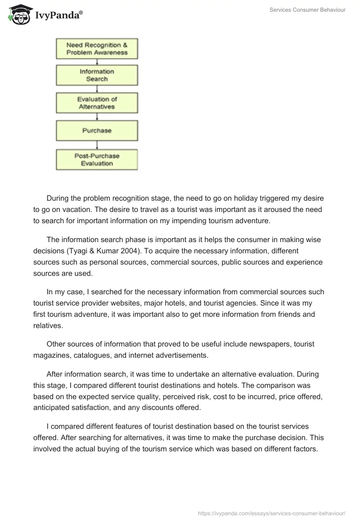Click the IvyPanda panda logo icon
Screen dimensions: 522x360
pos(17,14)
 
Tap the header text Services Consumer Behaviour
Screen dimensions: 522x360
pos(307,10)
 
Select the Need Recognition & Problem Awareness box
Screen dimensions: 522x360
pos(97,49)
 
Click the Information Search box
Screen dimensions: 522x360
pos(97,75)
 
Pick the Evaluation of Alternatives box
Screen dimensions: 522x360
pos(97,103)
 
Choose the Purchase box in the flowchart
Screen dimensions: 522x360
pos(97,130)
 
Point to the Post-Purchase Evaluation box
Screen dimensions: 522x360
pos(97,160)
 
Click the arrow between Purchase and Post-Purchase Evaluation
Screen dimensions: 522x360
pos(97,145)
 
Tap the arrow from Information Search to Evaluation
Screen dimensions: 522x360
pos(97,90)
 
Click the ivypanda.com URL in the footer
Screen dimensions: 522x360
pos(272,513)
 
